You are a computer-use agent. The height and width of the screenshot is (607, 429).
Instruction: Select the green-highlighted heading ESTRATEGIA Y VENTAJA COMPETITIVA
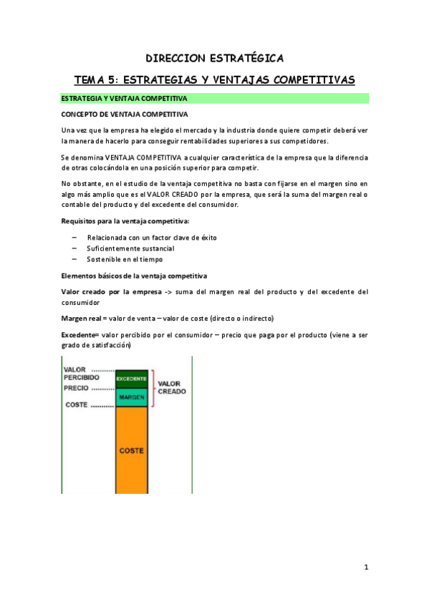125,98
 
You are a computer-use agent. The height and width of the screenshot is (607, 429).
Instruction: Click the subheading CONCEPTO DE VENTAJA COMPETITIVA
125,114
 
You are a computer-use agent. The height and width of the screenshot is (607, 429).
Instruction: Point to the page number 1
366,568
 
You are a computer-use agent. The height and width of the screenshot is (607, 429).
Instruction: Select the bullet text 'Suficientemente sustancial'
130,248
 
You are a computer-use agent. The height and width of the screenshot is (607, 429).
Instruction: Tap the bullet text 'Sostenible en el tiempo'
125,259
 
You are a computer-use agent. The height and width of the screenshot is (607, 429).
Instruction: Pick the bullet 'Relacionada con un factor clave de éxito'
152,238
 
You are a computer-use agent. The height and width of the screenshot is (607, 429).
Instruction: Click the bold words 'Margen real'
82,318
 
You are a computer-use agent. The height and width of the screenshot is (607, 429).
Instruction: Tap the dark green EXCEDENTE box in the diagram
132,377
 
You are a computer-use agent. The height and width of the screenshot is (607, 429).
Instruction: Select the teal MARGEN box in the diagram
132,397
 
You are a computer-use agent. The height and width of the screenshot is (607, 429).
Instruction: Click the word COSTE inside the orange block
132,451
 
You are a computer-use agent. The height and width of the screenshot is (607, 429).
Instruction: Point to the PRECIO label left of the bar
77,388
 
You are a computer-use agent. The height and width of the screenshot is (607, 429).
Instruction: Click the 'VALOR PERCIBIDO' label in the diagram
81,373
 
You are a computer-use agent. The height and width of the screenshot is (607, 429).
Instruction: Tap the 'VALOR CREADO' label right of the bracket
171,387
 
